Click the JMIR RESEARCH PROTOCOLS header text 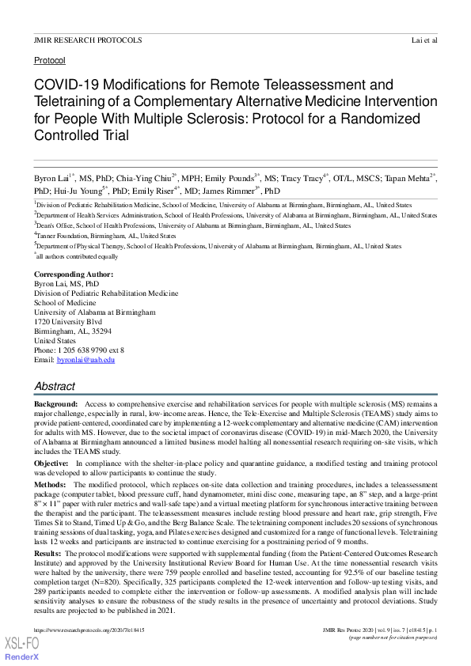[x=88, y=40]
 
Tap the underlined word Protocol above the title [x=50, y=60]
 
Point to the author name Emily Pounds [x=235, y=178]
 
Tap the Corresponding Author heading [x=74, y=274]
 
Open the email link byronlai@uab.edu [x=85, y=360]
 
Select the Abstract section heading [x=55, y=387]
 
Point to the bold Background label [x=55, y=403]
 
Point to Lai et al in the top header [x=424, y=40]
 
